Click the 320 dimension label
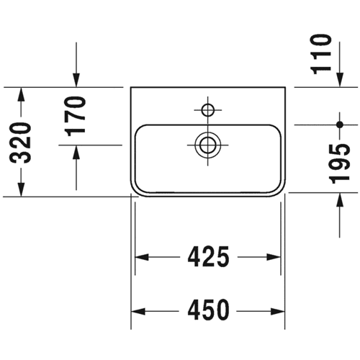coord(22,143)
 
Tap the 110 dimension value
coord(320,54)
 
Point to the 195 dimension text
coord(340,164)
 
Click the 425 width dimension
coord(208,257)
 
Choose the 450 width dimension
coord(208,311)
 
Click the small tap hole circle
coord(208,110)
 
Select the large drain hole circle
coord(208,145)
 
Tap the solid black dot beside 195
coord(340,125)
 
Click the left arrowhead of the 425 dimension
coord(142,257)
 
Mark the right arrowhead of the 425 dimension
coord(274,257)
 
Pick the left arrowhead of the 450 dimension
coord(138,312)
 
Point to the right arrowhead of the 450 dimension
coord(277,312)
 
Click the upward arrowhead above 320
coord(22,94)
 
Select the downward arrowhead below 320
coord(22,189)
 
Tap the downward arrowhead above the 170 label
coord(76,81)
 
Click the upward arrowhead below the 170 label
coord(76,152)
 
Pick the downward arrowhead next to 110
coord(340,80)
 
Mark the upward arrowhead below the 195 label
coord(340,199)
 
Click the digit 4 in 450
coord(194,311)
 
